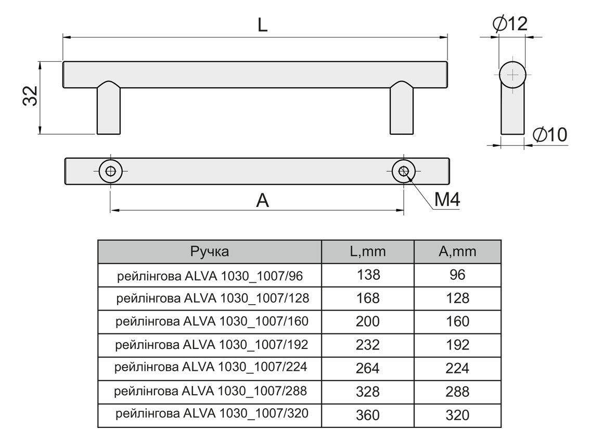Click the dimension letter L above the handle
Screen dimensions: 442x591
point(262,24)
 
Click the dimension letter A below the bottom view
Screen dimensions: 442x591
point(263,200)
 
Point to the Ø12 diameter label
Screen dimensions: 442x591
point(509,23)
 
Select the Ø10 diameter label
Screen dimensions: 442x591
point(549,135)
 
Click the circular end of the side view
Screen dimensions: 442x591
point(512,74)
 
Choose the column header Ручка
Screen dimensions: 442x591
point(210,252)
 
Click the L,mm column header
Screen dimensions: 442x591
point(367,252)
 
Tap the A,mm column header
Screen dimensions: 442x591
point(457,252)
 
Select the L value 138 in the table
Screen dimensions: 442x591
point(368,275)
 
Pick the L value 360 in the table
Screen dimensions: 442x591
point(368,415)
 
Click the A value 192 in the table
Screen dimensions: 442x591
point(457,345)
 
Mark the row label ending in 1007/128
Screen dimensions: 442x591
point(213,298)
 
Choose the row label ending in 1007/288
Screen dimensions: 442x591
point(211,391)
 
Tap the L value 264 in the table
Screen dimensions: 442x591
point(368,368)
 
